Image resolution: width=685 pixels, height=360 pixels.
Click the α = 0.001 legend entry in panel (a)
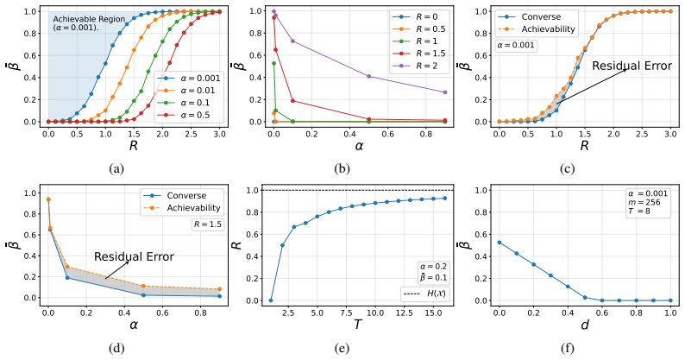point(189,79)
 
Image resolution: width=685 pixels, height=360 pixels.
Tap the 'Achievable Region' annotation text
point(89,19)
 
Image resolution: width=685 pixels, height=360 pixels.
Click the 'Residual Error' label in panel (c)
point(632,66)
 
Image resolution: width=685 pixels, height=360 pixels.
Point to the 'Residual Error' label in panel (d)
point(134,256)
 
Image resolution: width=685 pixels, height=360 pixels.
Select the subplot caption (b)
point(341,168)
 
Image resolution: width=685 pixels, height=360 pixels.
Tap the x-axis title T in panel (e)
point(357,325)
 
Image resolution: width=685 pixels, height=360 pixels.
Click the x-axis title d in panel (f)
point(585,325)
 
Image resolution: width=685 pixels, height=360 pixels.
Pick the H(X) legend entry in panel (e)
point(425,294)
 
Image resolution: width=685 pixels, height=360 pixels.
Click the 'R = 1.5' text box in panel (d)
point(208,224)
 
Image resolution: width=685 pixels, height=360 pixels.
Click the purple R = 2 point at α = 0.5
point(369,77)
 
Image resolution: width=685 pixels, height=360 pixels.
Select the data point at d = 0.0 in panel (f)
point(499,243)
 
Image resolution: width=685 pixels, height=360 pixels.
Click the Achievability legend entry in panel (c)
point(537,28)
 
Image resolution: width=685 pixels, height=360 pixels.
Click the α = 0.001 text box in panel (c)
point(516,45)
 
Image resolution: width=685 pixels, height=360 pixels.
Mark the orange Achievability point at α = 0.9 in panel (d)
point(219,289)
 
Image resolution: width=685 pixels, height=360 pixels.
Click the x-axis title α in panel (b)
point(359,146)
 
